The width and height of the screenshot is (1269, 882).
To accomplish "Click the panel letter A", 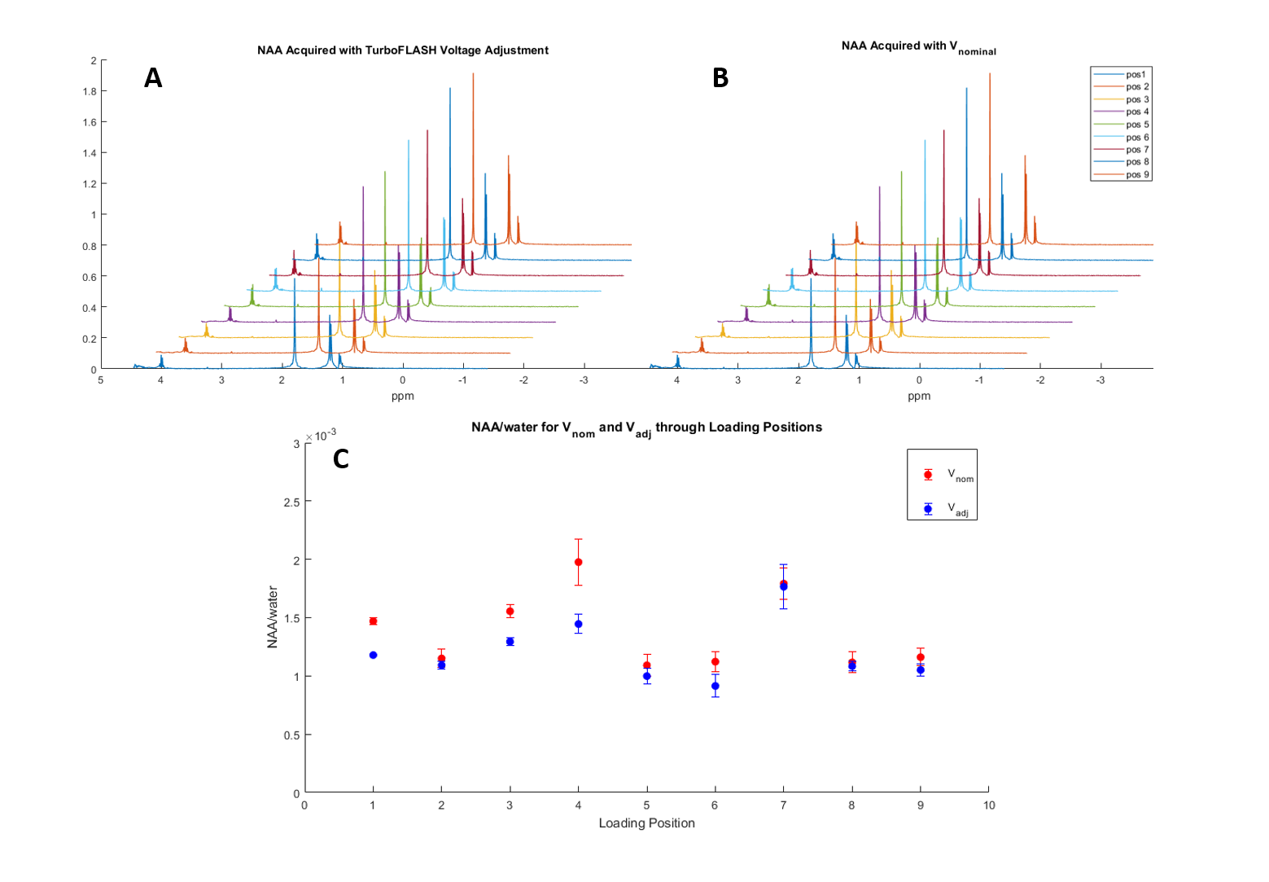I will pyautogui.click(x=153, y=78).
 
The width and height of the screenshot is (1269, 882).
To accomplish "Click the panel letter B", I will pyautogui.click(x=720, y=78).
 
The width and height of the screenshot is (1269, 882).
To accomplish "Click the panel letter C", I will pyautogui.click(x=341, y=459).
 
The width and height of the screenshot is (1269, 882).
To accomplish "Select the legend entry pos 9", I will pyautogui.click(x=1137, y=174).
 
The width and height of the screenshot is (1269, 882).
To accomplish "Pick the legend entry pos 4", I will pyautogui.click(x=1137, y=112).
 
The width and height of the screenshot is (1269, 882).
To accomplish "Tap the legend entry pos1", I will pyautogui.click(x=1136, y=74).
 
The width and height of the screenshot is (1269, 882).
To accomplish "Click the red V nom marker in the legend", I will pyautogui.click(x=928, y=474).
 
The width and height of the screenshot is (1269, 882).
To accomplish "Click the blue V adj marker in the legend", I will pyautogui.click(x=928, y=509).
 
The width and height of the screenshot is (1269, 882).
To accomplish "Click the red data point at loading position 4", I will pyautogui.click(x=579, y=562).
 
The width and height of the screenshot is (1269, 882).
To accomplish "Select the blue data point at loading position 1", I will pyautogui.click(x=373, y=655).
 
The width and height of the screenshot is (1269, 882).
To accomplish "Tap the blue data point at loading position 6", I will pyautogui.click(x=715, y=686).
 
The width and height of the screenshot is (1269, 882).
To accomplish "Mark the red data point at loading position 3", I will pyautogui.click(x=510, y=611).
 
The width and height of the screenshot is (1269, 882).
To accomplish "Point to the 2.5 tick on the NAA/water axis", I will pyautogui.click(x=291, y=502).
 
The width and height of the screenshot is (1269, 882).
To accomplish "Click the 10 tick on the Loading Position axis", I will pyautogui.click(x=989, y=805).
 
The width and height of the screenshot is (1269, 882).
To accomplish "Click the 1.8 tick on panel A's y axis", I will pyautogui.click(x=90, y=91).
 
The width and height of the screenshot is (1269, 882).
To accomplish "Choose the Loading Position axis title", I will pyautogui.click(x=646, y=823).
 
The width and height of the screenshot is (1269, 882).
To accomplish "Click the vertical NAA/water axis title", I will pyautogui.click(x=273, y=617).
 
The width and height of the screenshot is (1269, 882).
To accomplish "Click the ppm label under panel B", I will pyautogui.click(x=919, y=396).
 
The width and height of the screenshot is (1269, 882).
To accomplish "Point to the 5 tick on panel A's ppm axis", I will pyautogui.click(x=101, y=380).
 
